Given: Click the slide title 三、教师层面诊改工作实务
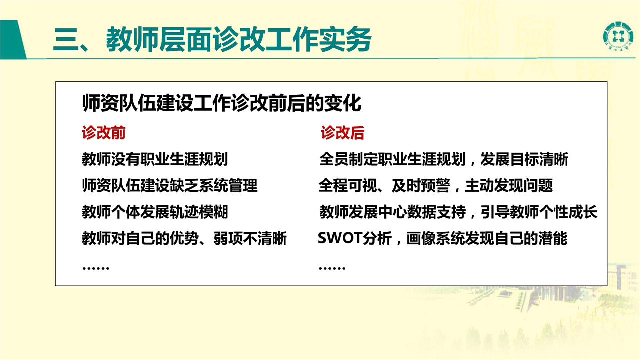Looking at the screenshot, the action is (212, 39).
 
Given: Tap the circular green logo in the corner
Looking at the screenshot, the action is (617, 36).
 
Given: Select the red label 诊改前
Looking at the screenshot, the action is (103, 133).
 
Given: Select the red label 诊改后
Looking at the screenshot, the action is (342, 133).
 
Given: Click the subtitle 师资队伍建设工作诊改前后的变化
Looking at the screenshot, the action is (222, 103).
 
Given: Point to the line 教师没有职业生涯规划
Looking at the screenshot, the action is (155, 159).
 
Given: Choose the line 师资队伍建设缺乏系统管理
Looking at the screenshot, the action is (170, 185).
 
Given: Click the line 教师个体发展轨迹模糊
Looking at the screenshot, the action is (155, 212).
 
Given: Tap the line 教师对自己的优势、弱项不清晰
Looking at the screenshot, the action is (184, 238).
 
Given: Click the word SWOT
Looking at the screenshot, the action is (340, 238).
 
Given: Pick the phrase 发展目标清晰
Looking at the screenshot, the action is (524, 159).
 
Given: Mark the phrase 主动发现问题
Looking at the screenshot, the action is (509, 185).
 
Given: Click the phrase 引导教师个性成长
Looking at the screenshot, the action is (539, 212).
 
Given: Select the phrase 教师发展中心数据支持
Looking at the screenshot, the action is (393, 212).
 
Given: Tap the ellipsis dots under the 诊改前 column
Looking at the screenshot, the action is (96, 268).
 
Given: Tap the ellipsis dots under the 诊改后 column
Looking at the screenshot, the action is (332, 268).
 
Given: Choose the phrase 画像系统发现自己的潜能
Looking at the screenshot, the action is (487, 238).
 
